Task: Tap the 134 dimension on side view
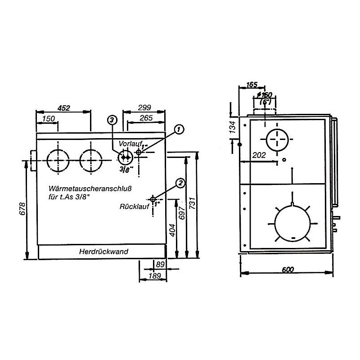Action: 233,128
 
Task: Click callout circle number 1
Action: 179,130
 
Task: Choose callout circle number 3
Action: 112,120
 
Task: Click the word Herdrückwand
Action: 103,252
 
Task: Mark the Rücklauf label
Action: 134,207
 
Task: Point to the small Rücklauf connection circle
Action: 153,199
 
